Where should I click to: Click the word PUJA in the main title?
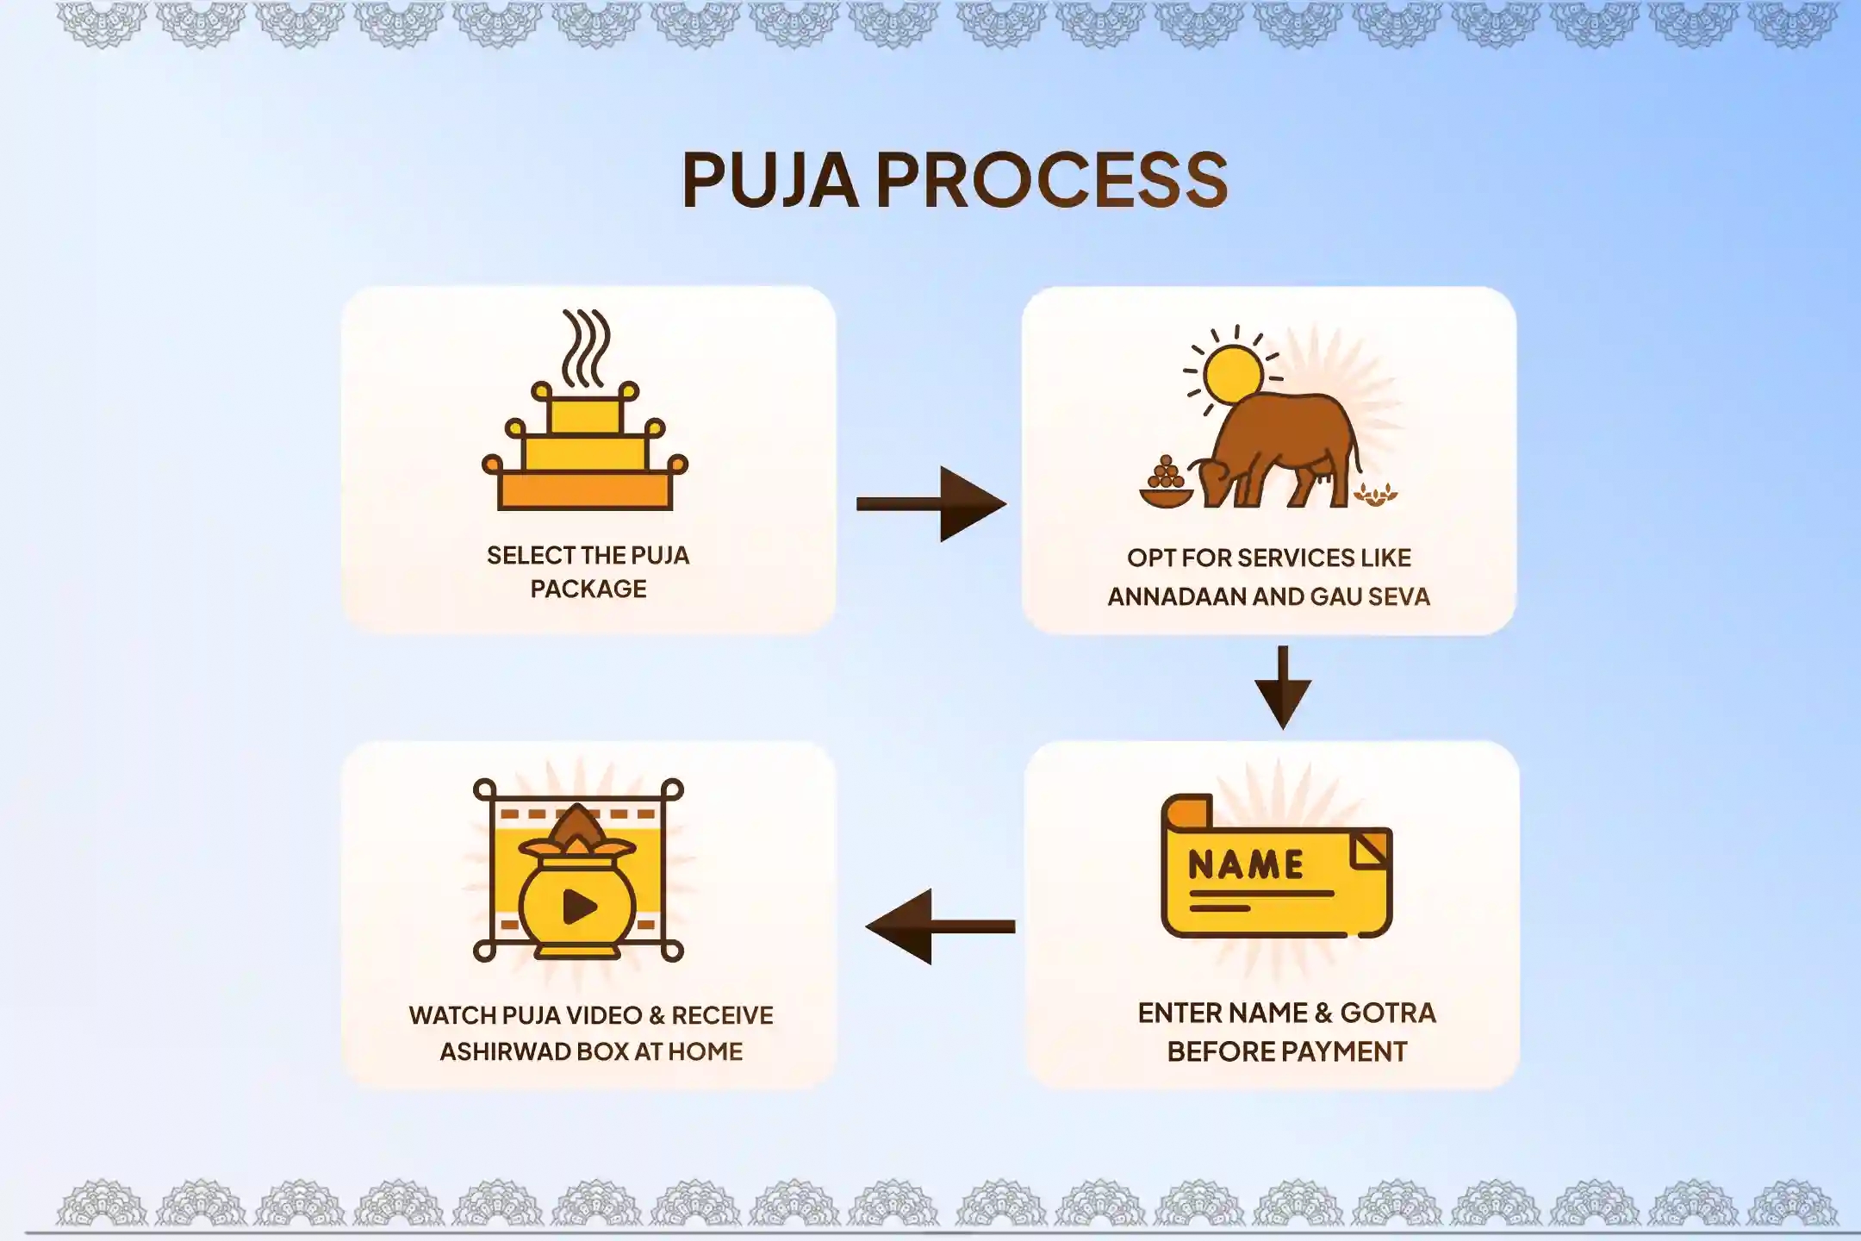[769, 179]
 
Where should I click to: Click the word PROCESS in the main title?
[1052, 179]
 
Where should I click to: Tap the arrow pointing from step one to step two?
[931, 504]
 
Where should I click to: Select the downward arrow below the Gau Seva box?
[1283, 687]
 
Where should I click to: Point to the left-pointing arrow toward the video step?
[940, 926]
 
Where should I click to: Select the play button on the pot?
[579, 906]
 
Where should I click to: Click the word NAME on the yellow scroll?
[1246, 864]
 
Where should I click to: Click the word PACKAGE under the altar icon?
[588, 589]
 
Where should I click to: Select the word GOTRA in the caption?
[1388, 1013]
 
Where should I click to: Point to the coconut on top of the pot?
[579, 826]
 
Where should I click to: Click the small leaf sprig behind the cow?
[1375, 495]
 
